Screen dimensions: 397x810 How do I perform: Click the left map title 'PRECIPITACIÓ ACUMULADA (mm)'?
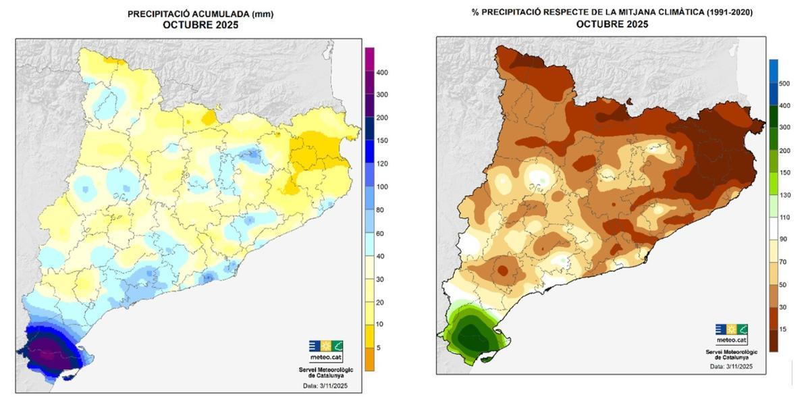coord(200,14)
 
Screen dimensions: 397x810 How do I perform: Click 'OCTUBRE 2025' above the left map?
coord(200,26)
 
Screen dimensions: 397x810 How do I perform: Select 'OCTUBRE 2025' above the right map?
coord(612,24)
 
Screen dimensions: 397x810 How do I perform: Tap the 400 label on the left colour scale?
coord(382,72)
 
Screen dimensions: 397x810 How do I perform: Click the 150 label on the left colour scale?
coord(382,140)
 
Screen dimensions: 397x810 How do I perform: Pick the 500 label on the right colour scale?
coord(784,84)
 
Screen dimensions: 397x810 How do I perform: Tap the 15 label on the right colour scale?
coord(783,329)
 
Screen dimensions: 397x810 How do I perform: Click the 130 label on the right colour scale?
coord(784,195)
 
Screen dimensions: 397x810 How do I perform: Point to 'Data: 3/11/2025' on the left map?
coord(327,386)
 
